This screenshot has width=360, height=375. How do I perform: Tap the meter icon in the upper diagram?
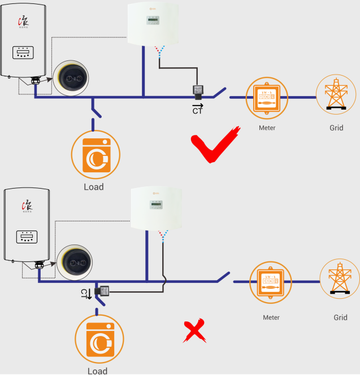(x=267, y=97)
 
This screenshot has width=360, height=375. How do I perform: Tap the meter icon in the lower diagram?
(x=271, y=281)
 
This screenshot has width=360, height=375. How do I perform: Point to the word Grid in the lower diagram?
(x=340, y=317)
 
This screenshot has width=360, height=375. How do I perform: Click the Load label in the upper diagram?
(x=94, y=187)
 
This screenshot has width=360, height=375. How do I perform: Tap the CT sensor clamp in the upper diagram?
(x=198, y=93)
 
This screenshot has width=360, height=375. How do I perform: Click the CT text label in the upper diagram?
(x=197, y=111)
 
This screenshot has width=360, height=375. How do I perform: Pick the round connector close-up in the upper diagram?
(x=71, y=79)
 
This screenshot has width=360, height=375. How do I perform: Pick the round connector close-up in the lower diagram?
(x=75, y=263)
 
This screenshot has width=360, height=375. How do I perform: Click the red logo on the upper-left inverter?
(x=24, y=20)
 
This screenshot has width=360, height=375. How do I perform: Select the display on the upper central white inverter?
(x=153, y=20)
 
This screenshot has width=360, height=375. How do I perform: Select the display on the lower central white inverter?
(x=156, y=205)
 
